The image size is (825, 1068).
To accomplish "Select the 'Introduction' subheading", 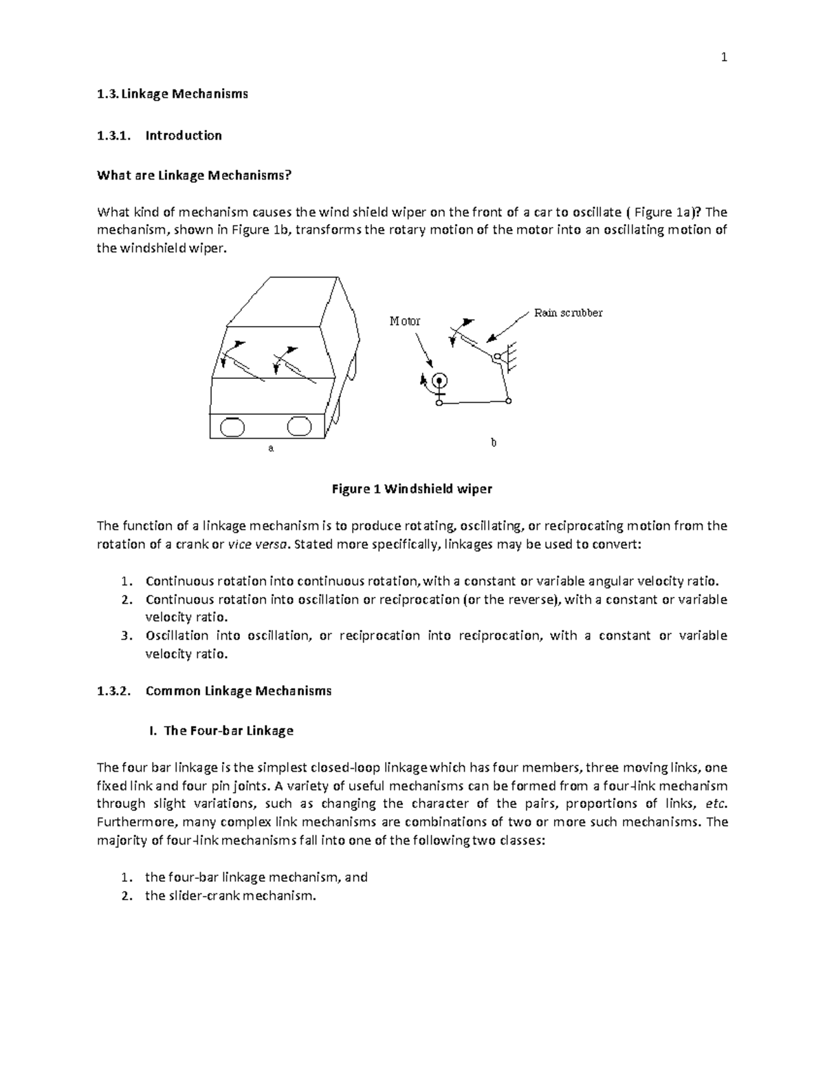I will (x=184, y=135).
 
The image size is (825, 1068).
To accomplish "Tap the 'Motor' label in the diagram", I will (x=404, y=321).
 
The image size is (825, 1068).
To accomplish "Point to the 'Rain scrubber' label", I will (x=568, y=313).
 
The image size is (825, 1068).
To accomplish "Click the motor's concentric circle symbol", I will (x=439, y=380).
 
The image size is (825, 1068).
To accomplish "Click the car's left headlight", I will (x=232, y=427).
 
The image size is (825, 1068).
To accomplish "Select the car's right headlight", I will (x=300, y=426).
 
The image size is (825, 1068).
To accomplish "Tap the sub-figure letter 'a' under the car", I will (x=271, y=448).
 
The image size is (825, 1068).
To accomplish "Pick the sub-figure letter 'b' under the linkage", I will (x=493, y=443).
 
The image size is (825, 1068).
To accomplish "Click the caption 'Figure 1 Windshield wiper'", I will (x=412, y=490).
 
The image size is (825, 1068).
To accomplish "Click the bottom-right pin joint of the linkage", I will (x=508, y=401).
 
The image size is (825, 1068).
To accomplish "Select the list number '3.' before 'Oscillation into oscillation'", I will (x=125, y=635).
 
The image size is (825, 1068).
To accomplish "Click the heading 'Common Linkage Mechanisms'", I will (x=239, y=690).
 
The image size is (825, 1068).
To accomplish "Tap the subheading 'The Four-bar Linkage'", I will (x=228, y=730).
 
